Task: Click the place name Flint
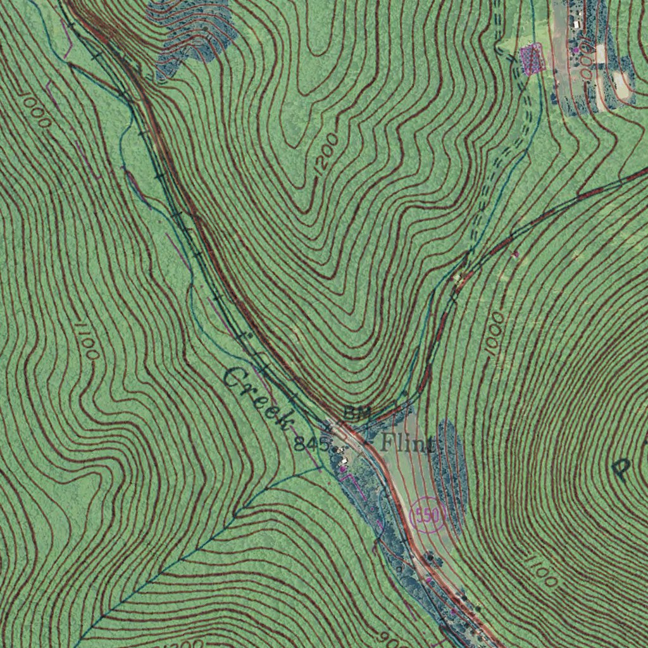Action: tap(408, 443)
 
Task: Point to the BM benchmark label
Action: tap(356, 413)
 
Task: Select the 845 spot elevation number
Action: tap(311, 444)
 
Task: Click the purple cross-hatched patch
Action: tap(532, 58)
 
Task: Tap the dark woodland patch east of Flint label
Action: tap(449, 468)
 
